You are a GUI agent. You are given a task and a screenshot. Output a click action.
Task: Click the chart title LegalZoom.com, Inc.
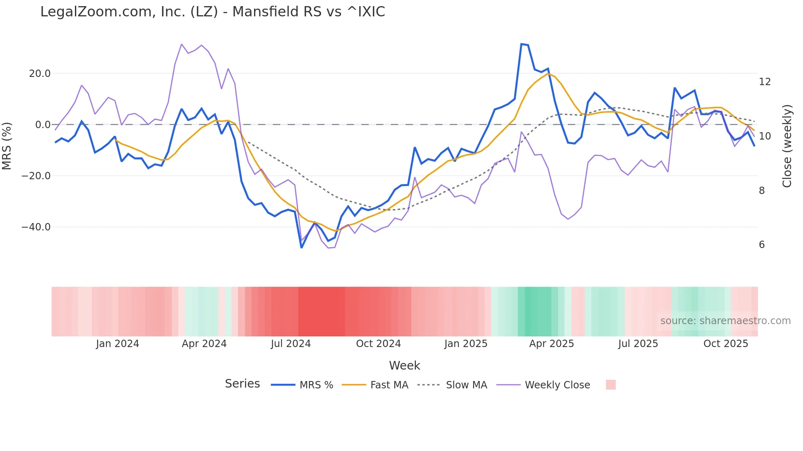[212, 12]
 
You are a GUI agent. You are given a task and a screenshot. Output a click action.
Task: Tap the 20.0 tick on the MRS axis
[40, 74]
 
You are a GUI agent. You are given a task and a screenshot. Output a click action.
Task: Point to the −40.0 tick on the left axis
[36, 227]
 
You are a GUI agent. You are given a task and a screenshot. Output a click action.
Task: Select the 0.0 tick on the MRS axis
[43, 125]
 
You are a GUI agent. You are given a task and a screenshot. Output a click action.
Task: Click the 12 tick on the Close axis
[764, 82]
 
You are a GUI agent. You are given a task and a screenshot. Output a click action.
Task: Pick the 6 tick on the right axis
[762, 245]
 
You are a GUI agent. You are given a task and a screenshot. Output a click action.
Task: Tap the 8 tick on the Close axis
[762, 191]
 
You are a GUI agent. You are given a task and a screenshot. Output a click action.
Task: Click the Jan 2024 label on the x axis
[118, 344]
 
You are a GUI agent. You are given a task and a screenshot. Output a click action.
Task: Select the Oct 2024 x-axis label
[378, 344]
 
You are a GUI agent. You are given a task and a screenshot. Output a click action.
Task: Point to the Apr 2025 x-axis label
[551, 344]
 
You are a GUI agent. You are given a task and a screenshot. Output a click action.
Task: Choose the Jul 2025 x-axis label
[638, 344]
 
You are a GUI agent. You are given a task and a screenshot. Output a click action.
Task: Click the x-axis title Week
[404, 365]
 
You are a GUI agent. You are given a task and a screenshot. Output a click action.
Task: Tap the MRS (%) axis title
[7, 146]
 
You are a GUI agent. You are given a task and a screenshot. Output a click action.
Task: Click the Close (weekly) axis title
[787, 146]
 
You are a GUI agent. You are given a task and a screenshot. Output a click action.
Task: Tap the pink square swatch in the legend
[610, 385]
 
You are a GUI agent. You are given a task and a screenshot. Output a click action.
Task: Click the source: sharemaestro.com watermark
[725, 321]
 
